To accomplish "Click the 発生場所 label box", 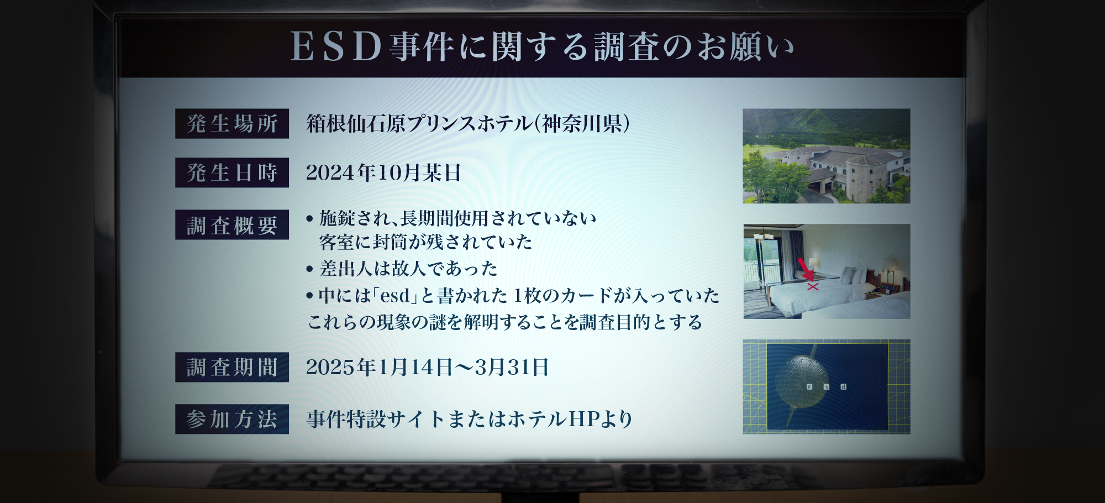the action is pos(232,123).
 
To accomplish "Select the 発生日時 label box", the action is pos(232,172).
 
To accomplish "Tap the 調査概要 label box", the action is pos(232,224).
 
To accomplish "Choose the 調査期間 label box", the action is pos(232,367).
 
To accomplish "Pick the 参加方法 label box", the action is pos(232,419).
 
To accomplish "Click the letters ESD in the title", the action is pos(336,46).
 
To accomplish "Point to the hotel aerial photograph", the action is pos(827,156).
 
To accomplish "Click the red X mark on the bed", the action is pos(813,286).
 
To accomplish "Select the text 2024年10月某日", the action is pos(383,172).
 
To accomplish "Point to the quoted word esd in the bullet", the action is pos(396,296).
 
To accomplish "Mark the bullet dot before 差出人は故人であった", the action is pos(309,269).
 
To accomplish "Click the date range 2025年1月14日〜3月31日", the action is pos(428,367).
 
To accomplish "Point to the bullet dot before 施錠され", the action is pos(309,219).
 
